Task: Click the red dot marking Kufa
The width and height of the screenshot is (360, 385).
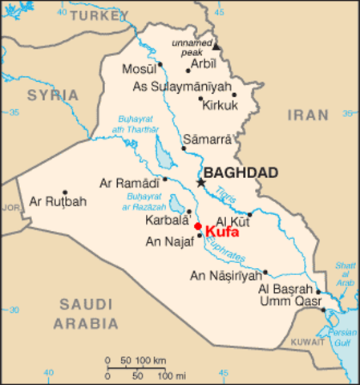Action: point(198,226)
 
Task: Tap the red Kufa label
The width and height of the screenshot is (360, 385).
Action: point(223,231)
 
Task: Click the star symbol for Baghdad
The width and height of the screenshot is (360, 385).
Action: point(200,183)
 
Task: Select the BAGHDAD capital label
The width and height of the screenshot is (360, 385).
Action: point(241,172)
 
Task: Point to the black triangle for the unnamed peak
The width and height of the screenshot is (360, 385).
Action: point(216,47)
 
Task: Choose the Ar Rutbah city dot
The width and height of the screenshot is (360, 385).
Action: point(64,192)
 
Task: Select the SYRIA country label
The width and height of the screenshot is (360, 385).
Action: point(53,95)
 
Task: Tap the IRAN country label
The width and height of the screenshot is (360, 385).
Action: point(309,115)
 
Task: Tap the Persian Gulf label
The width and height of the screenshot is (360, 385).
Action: point(344,337)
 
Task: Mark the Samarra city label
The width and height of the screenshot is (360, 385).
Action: point(208,138)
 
